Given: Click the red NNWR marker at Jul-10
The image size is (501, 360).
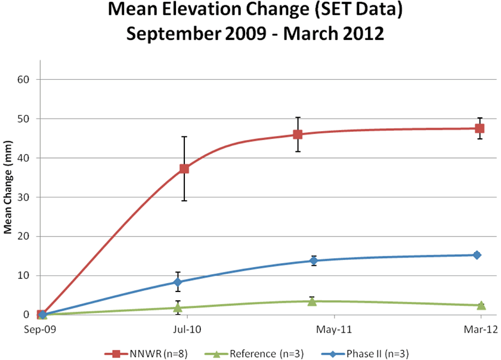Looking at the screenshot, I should (184, 169).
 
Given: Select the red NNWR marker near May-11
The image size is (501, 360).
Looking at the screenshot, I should (297, 134).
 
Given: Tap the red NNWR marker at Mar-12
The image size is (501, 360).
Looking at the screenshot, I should (480, 128).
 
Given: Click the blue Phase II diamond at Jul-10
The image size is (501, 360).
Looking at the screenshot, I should (178, 282).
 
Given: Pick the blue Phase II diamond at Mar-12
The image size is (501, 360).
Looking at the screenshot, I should (477, 255).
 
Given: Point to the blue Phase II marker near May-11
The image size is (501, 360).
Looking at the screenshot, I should (314, 260).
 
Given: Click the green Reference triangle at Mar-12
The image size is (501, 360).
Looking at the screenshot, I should (481, 305).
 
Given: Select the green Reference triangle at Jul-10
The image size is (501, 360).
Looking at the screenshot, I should (178, 308).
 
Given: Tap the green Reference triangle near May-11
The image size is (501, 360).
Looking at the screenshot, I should (312, 301).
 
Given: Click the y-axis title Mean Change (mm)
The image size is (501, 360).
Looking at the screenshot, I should (10, 197).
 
